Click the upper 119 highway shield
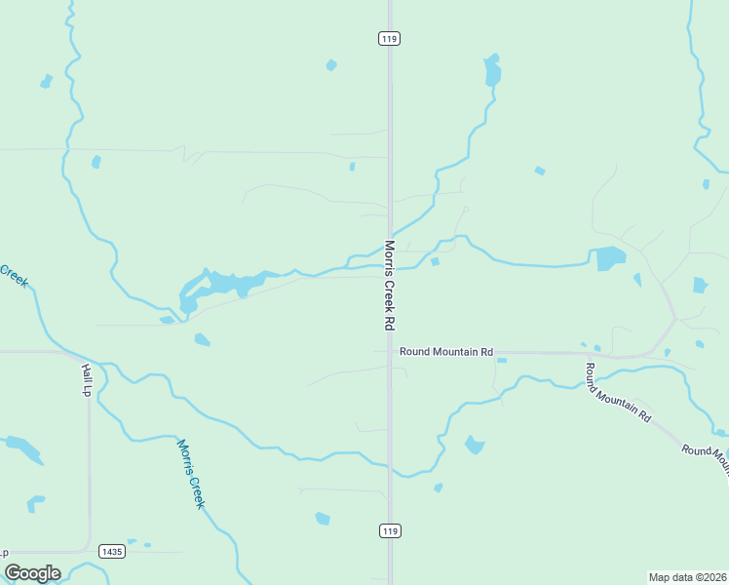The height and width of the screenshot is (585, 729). pos(390,38)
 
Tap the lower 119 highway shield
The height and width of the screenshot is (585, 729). pos(390,530)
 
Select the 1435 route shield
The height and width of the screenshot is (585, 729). pos(112,552)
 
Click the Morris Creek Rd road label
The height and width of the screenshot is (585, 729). pos(390,285)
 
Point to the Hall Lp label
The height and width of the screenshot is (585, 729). pos(86,380)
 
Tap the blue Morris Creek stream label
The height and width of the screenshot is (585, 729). pos(191,473)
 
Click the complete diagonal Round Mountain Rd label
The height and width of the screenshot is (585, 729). pos(617,391)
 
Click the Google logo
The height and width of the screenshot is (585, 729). pos(32,573)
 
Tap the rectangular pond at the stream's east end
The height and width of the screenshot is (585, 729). pos(610,258)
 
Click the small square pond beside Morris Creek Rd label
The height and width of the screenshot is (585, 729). pos(435,261)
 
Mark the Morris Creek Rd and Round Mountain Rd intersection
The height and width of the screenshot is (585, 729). pos(390,352)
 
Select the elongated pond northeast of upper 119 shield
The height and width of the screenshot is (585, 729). pos(492,71)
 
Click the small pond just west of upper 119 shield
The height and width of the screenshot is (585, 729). pos(331,65)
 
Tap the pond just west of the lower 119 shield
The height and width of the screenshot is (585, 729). pos(323,518)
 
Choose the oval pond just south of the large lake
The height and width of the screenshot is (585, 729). pos(202,340)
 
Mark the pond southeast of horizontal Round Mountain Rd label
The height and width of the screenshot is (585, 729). pos(474,445)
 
